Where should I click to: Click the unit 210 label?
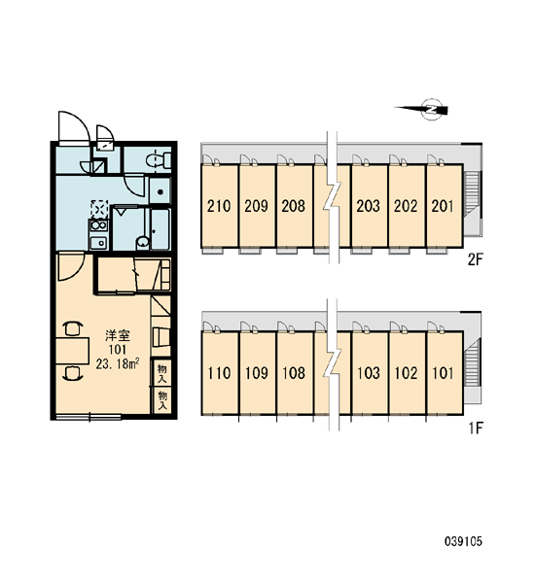pyautogui.click(x=219, y=206)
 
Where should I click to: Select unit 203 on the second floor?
pyautogui.click(x=369, y=206)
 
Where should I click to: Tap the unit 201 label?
pyautogui.click(x=443, y=206)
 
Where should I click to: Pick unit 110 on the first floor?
pyautogui.click(x=219, y=372)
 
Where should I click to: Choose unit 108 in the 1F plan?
pyautogui.click(x=294, y=372)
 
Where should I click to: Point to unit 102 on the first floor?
pyautogui.click(x=406, y=372)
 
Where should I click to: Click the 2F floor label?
pyautogui.click(x=475, y=259)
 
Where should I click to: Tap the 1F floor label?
pyautogui.click(x=476, y=429)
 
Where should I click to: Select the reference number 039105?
pyautogui.click(x=463, y=541)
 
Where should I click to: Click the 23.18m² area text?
pyautogui.click(x=118, y=364)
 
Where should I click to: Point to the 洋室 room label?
pyautogui.click(x=118, y=335)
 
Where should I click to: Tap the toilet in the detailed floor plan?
pyautogui.click(x=159, y=160)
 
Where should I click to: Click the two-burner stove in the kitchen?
pyautogui.click(x=98, y=225)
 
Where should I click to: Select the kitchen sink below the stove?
pyautogui.click(x=98, y=242)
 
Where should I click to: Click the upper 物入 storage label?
pyautogui.click(x=162, y=373)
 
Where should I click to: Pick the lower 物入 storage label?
pyautogui.click(x=162, y=400)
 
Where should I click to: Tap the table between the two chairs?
pyautogui.click(x=73, y=350)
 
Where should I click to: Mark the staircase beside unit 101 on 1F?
pyautogui.click(x=473, y=360)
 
